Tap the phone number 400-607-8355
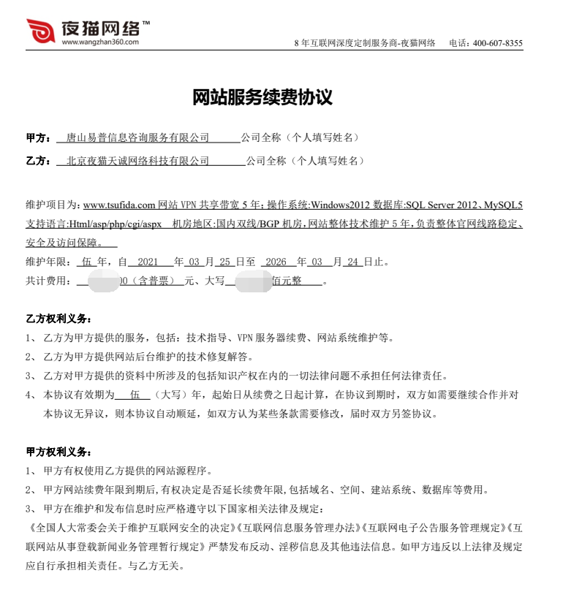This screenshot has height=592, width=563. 498,43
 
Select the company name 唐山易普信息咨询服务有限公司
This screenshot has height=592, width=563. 137,137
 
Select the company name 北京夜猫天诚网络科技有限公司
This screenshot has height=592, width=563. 137,161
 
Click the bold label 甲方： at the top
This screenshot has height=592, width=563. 38,137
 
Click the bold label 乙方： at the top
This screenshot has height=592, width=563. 38,161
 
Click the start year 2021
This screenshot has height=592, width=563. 148,261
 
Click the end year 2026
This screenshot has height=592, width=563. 276,261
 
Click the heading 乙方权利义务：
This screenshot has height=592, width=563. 58,319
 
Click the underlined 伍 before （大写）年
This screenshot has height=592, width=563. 134,395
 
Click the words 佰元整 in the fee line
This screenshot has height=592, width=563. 287,280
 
